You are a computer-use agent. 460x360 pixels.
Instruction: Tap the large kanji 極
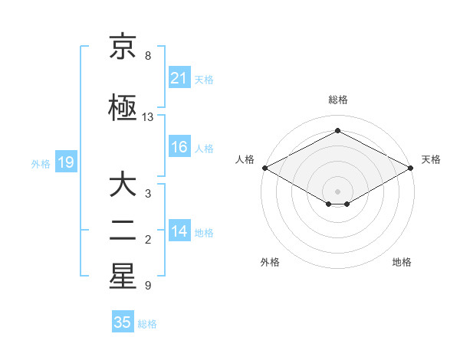pyautogui.click(x=123, y=108)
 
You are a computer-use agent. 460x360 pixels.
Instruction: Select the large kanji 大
pyautogui.click(x=123, y=185)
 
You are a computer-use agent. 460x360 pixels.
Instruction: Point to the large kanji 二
pyautogui.click(x=123, y=231)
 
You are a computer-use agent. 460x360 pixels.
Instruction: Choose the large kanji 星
pyautogui.click(x=123, y=277)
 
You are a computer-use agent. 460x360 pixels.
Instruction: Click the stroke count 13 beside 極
pyautogui.click(x=148, y=117)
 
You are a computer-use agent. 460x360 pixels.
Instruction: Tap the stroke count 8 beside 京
pyautogui.click(x=147, y=56)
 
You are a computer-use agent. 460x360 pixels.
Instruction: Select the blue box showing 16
pyautogui.click(x=179, y=147)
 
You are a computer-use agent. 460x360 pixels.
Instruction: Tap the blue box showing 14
pyautogui.click(x=179, y=231)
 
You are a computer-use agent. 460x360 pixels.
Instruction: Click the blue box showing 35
pyautogui.click(x=123, y=322)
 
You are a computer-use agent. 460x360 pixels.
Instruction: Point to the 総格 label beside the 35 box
pyautogui.click(x=147, y=324)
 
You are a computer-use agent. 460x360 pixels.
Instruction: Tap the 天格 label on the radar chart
pyautogui.click(x=431, y=159)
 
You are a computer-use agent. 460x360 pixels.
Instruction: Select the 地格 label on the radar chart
pyautogui.click(x=402, y=262)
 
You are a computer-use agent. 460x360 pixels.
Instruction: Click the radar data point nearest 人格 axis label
pyautogui.click(x=264, y=168)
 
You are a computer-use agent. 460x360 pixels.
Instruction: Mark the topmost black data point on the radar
pyautogui.click(x=337, y=130)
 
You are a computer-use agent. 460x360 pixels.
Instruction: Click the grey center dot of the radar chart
pyautogui.click(x=337, y=190)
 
